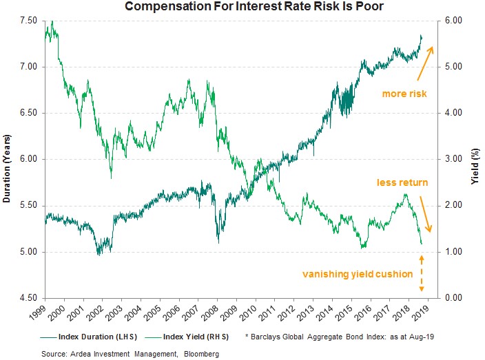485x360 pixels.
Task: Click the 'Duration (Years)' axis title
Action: pos(7,159)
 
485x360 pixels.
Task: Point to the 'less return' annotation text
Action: pos(402,183)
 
